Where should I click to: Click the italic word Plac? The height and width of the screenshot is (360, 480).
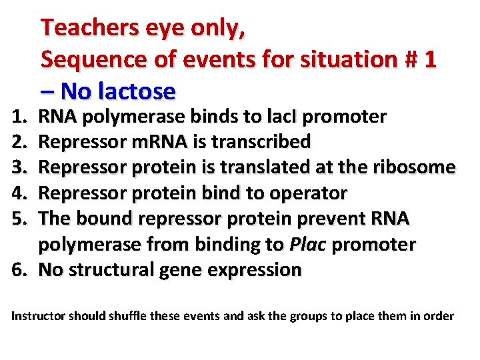pos(307,245)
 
